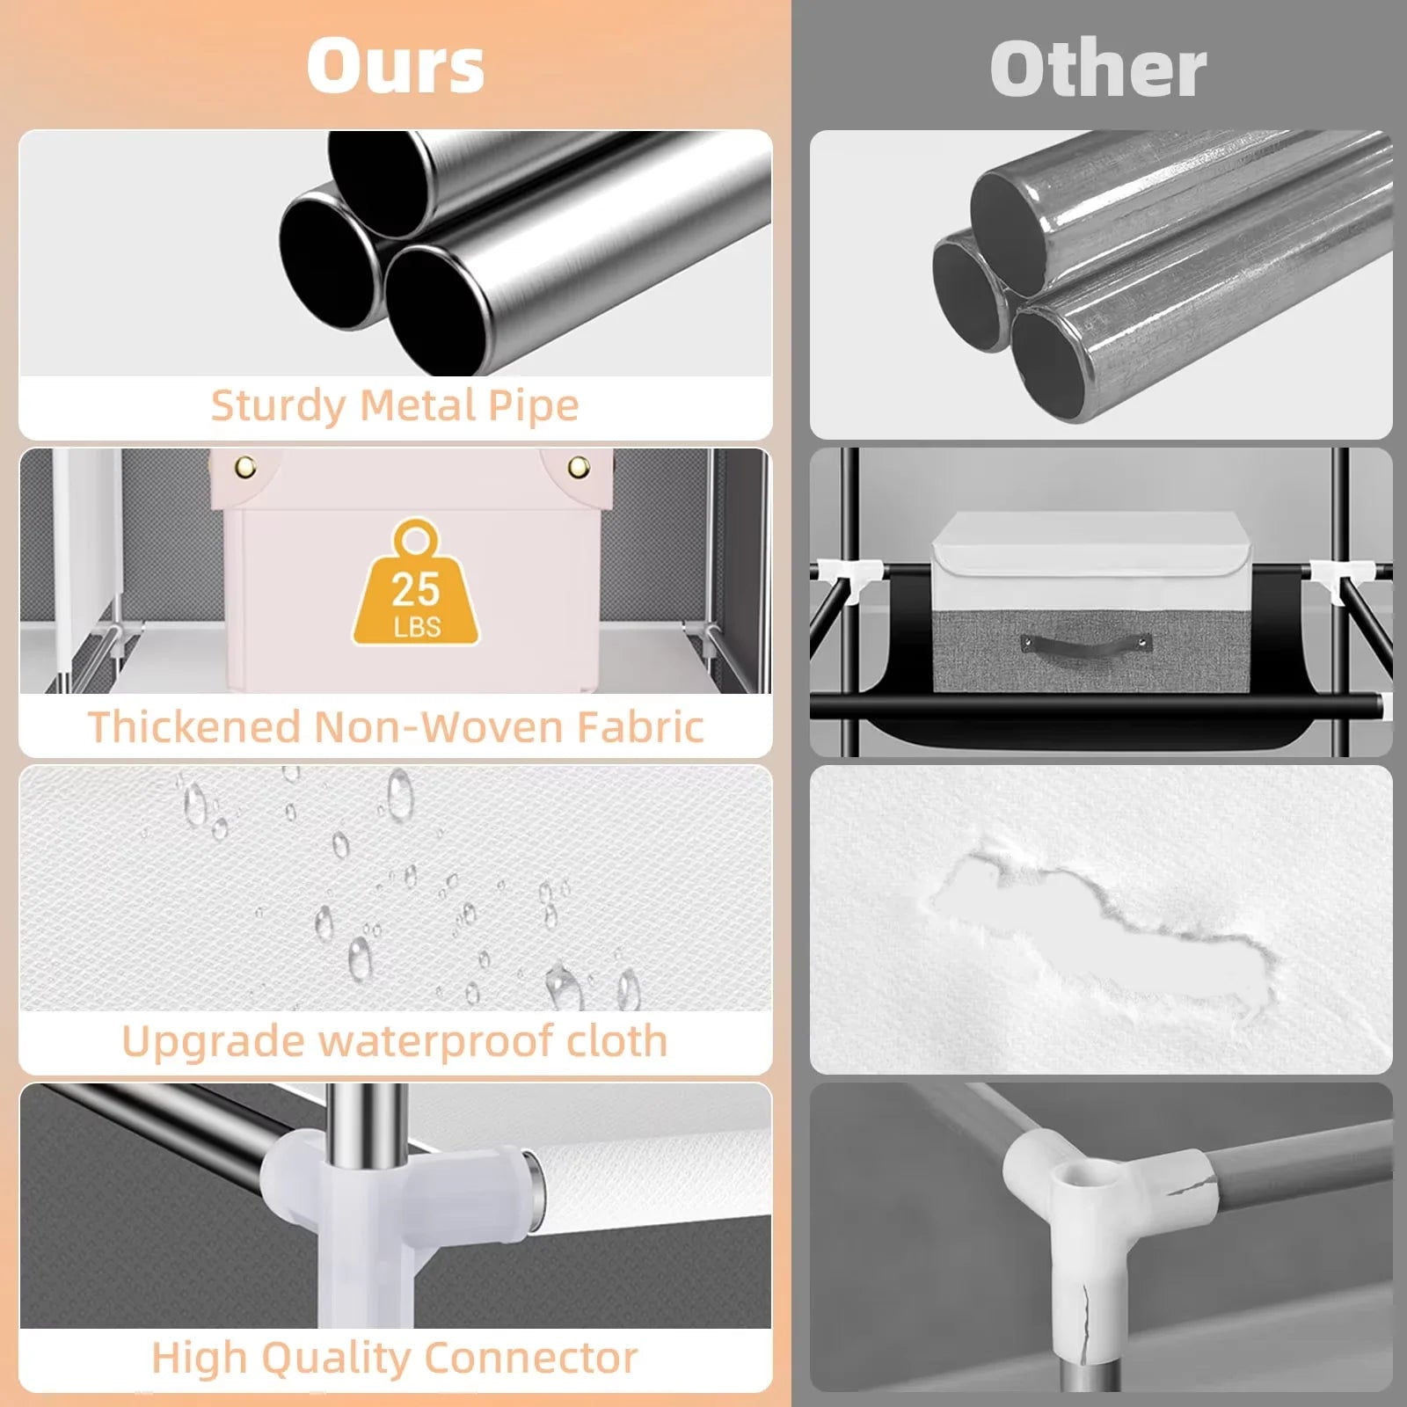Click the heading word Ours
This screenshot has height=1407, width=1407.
[396, 67]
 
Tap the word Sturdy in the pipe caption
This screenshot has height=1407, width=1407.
[278, 406]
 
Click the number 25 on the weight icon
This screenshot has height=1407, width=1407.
[416, 590]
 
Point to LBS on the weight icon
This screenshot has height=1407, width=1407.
[417, 628]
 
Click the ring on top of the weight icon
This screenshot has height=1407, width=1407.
[416, 538]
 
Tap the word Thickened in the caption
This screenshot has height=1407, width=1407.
[194, 727]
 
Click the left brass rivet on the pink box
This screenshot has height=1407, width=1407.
[246, 466]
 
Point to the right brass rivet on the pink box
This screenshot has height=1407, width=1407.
[579, 466]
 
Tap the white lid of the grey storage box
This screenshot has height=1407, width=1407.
[1091, 545]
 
